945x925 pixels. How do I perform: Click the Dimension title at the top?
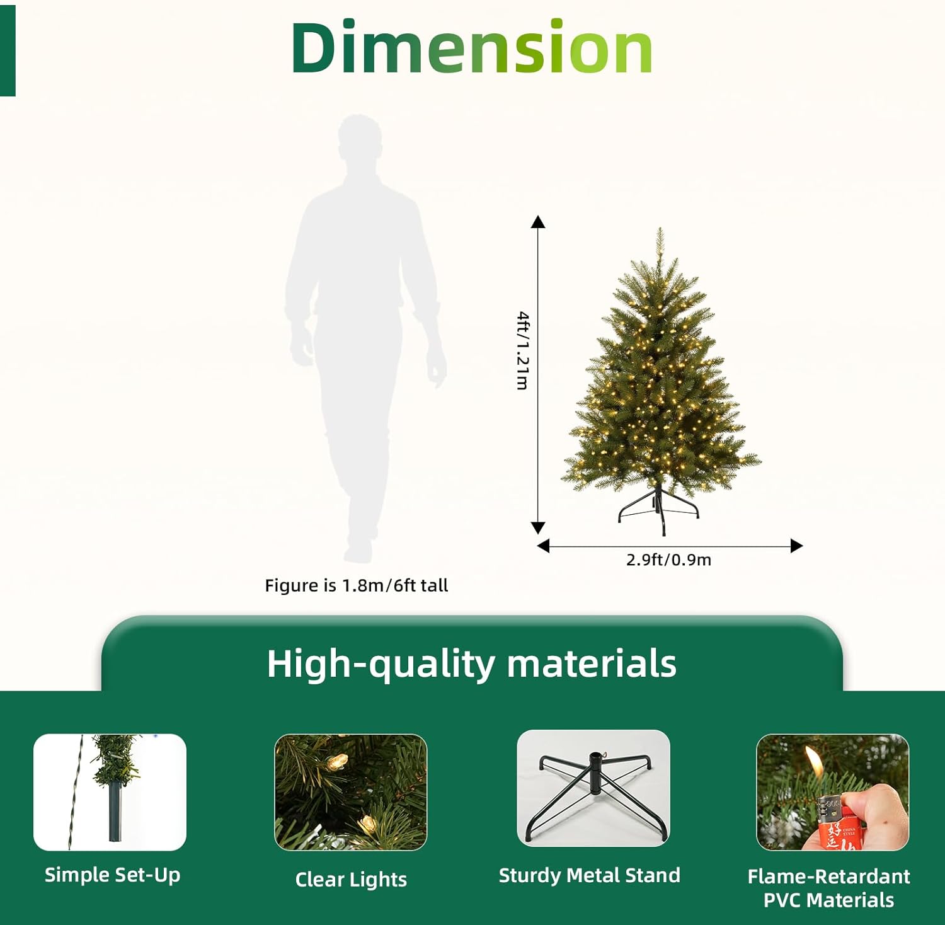tap(471, 48)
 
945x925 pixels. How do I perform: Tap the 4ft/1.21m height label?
tap(522, 350)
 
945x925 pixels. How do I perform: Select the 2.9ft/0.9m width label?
tap(668, 560)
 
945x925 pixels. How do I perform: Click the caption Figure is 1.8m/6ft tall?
tap(356, 585)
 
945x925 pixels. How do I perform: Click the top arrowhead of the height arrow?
tap(538, 222)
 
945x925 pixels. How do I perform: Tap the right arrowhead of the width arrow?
tap(796, 546)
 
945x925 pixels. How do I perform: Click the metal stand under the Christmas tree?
tap(658, 507)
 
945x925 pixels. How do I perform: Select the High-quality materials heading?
tap(471, 664)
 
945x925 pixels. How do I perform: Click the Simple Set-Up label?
tap(112, 875)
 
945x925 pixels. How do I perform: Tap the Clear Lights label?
tap(351, 879)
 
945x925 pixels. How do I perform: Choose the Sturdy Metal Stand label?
tap(589, 875)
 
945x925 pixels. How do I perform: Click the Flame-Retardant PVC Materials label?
tap(828, 888)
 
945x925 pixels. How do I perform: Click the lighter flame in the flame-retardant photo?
tap(815, 761)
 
